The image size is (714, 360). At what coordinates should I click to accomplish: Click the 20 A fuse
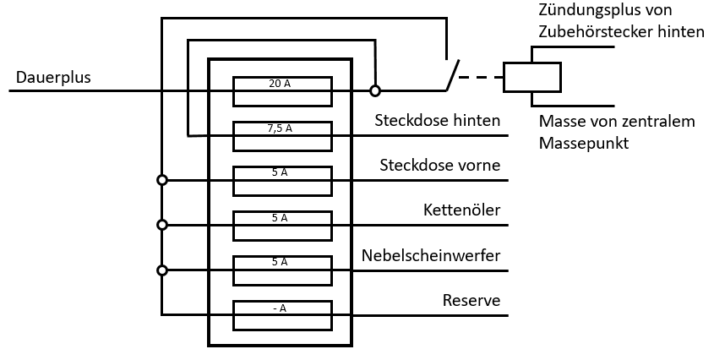pos(282,90)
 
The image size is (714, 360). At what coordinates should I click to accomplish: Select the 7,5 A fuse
pos(282,135)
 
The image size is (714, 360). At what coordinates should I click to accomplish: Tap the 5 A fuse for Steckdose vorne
pos(282,180)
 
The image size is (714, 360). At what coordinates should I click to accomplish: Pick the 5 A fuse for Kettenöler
pos(282,225)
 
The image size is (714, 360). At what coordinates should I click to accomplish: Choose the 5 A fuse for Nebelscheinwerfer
pos(282,270)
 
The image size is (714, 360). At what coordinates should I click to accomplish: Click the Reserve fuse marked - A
pos(282,314)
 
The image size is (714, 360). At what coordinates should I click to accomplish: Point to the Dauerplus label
pos(53,78)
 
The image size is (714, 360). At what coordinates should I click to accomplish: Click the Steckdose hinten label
pos(438,120)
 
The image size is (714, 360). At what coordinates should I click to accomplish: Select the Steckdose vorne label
pos(439,165)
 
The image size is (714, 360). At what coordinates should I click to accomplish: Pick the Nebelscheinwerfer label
pos(431,255)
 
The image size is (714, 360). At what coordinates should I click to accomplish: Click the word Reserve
pos(471,300)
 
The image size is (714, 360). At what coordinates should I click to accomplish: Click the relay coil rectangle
pos(531,77)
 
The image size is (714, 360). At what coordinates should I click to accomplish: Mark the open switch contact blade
pos(452,75)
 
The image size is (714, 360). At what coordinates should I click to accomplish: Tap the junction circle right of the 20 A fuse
pos(375,90)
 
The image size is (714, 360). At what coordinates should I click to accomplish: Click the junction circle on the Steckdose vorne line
pos(162,180)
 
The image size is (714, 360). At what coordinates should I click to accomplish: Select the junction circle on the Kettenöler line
pos(162,225)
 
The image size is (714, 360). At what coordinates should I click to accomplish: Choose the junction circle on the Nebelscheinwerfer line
pos(162,270)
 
